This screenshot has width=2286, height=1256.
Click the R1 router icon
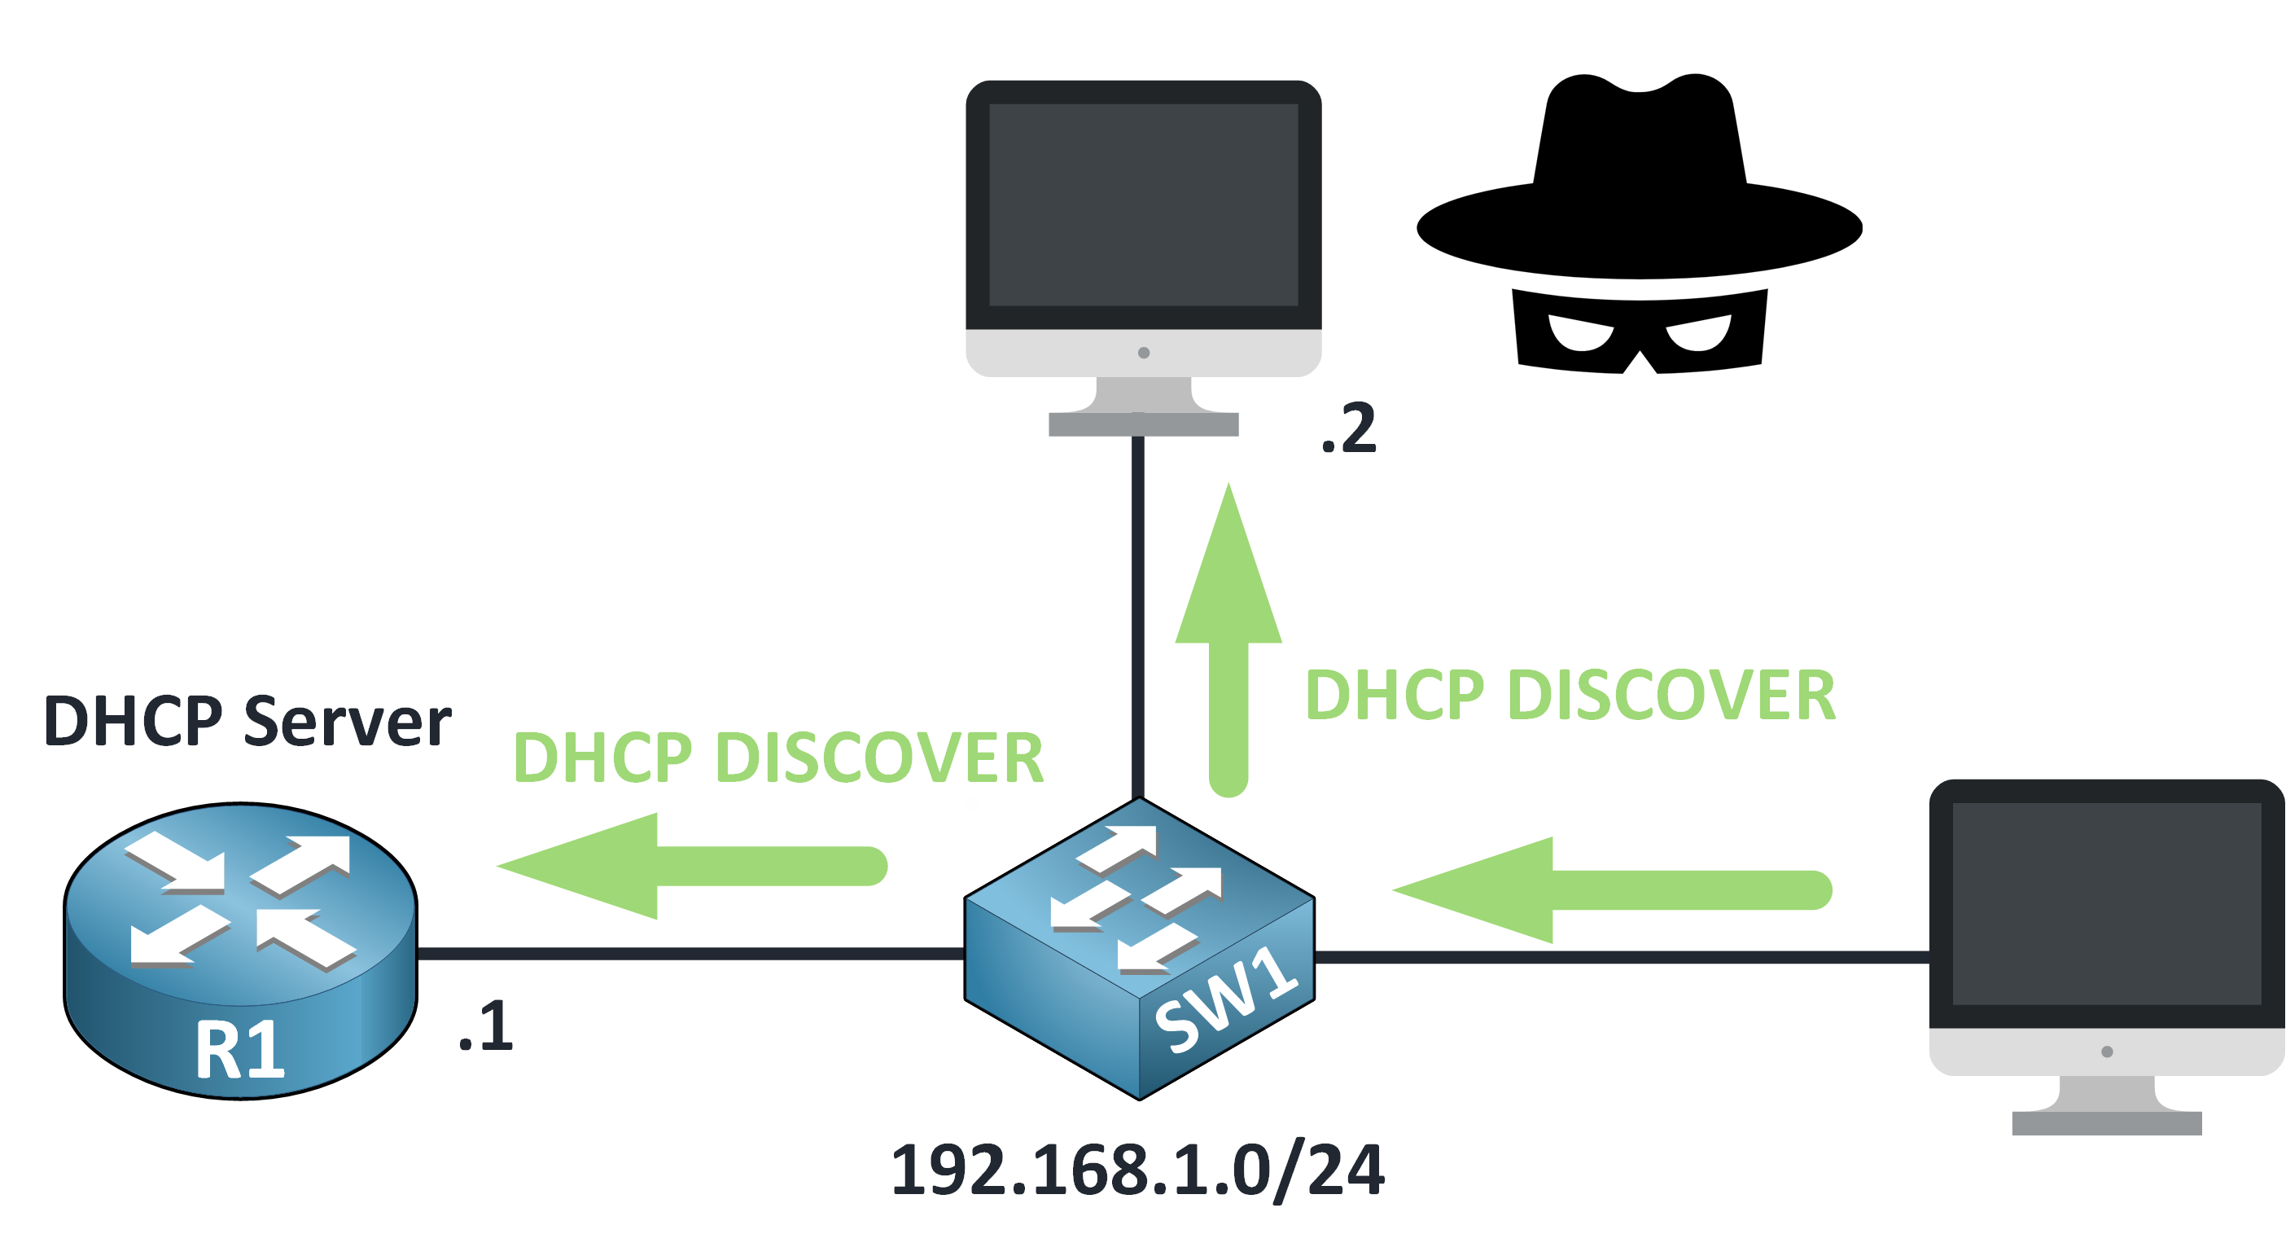point(239,950)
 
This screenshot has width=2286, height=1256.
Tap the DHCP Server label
point(247,721)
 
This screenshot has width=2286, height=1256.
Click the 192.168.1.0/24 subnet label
point(1136,1170)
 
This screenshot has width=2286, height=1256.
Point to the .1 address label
point(486,1027)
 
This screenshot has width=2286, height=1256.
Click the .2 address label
point(1349,428)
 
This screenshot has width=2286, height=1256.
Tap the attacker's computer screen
point(1143,205)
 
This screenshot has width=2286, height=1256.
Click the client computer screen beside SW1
point(2106,903)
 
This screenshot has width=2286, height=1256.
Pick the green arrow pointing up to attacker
point(1229,639)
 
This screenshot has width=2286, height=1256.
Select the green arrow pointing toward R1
point(692,866)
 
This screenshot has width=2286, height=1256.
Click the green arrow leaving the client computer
point(1610,889)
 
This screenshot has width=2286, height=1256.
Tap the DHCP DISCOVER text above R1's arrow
point(778,758)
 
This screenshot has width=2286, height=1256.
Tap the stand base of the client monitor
point(2106,1123)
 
